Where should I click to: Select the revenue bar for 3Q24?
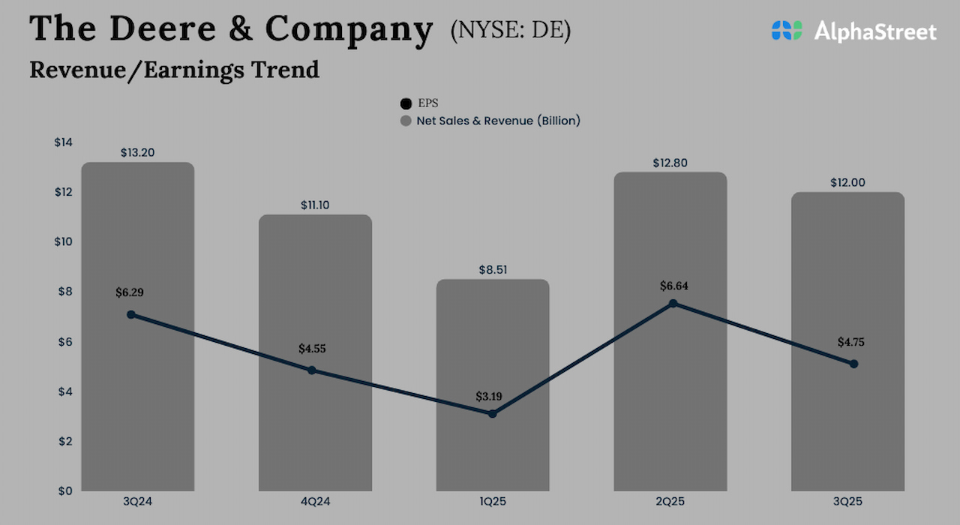point(138,405)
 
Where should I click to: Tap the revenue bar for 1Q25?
point(493,450)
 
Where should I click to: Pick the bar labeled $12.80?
point(670,405)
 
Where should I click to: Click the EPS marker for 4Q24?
point(312,370)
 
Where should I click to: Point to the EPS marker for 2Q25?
point(673,304)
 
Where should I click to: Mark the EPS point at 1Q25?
point(492,413)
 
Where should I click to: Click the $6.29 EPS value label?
point(130,292)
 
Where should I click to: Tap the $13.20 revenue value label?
point(138,152)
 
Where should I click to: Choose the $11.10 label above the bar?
point(315,204)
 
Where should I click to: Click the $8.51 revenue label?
point(493,269)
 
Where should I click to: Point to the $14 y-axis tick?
point(64,142)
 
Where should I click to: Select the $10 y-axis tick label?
point(64,241)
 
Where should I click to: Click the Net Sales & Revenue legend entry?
point(490,120)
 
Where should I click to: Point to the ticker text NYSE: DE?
point(511,30)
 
